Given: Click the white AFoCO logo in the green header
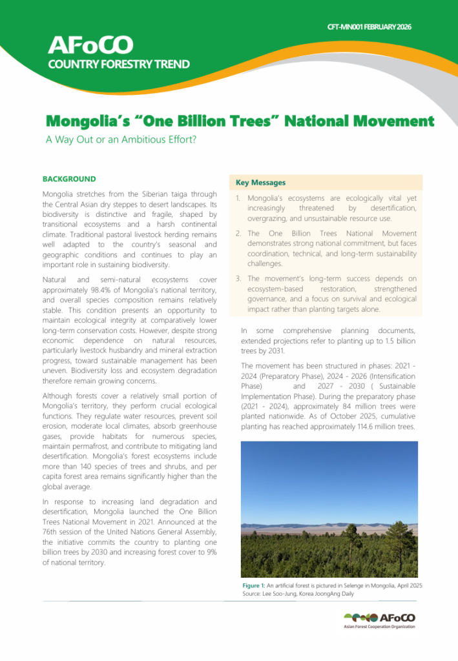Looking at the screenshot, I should point(90,45).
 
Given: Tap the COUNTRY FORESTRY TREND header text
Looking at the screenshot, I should point(119,64).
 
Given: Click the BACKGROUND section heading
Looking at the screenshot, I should point(69,179).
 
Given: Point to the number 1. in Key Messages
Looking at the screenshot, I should point(238,200).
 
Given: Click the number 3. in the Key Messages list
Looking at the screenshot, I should point(238,278).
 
